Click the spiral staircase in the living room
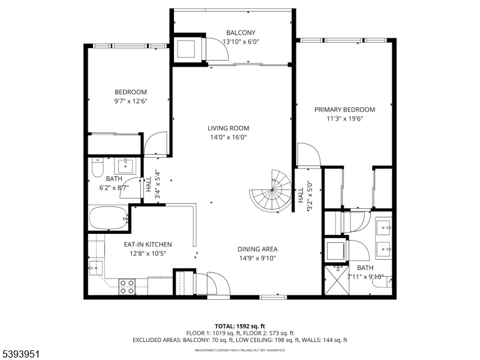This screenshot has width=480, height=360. click(272, 191)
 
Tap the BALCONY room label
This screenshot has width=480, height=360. click(241, 32)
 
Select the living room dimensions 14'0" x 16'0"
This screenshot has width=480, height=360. click(228, 137)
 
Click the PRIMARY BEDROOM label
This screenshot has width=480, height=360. click(345, 110)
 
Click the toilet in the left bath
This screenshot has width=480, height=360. click(97, 168)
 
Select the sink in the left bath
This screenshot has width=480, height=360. click(126, 165)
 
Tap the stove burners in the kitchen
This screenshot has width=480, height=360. click(127, 286)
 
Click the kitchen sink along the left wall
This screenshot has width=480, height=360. click(95, 268)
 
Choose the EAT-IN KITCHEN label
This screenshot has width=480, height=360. click(148, 244)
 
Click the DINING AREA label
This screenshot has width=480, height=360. click(257, 249)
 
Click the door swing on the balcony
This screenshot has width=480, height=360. click(217, 49)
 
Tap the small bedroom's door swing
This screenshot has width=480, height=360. click(155, 144)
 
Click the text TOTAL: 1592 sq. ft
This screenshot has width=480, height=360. click(240, 326)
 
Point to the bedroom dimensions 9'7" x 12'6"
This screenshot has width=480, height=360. click(131, 101)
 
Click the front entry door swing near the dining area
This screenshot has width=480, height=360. click(216, 283)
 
